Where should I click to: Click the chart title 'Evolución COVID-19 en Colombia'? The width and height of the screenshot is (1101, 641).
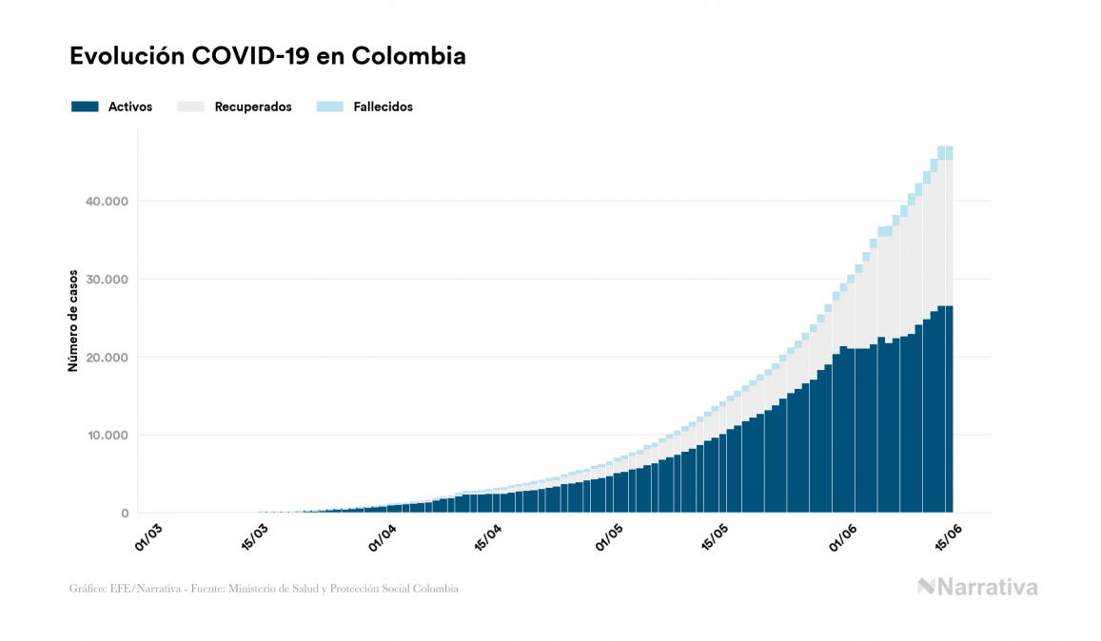click(x=267, y=56)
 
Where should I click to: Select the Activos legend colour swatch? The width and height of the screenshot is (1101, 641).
click(x=85, y=107)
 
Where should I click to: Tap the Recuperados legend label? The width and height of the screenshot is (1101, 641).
click(x=253, y=107)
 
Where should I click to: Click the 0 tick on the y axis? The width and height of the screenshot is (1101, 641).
click(x=124, y=514)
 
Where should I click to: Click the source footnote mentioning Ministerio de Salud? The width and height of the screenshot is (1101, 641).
click(x=264, y=589)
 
